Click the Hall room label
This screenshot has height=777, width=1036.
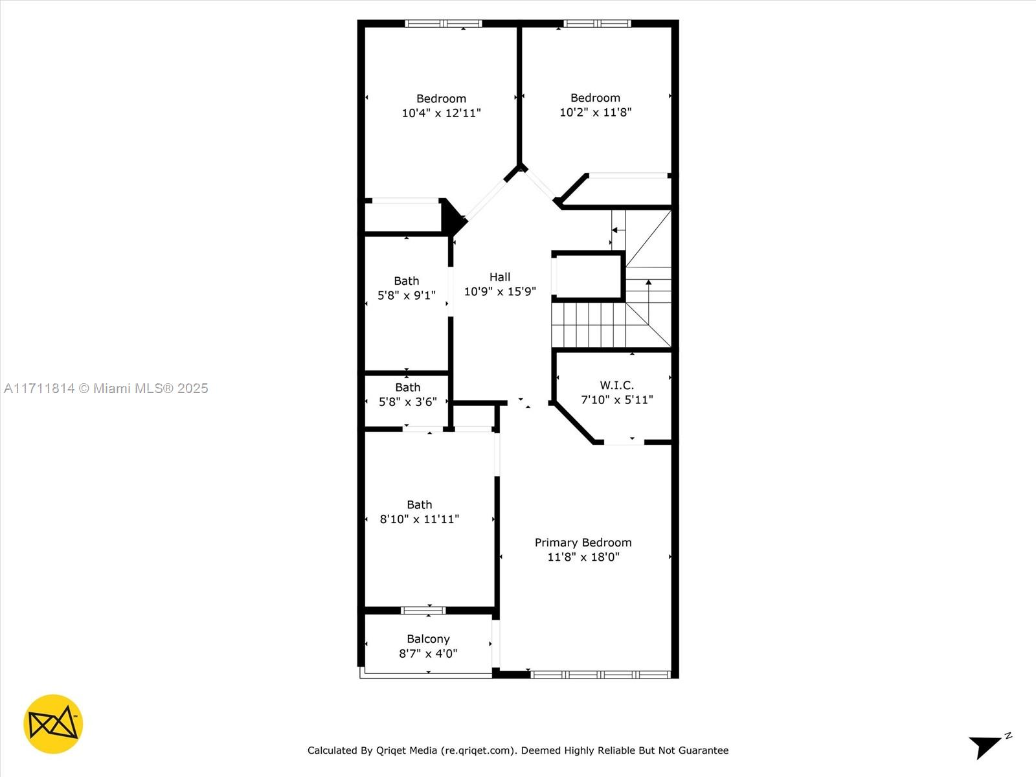point(499,277)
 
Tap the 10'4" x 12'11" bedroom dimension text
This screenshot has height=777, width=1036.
point(441,113)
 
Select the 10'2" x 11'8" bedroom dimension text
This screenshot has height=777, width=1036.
point(595,112)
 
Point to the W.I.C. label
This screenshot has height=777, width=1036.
point(616,385)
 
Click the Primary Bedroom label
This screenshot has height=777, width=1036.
point(583,543)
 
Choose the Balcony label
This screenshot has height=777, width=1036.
point(428,639)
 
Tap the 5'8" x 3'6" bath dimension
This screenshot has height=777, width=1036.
point(407,401)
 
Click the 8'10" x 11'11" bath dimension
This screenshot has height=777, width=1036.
point(419,519)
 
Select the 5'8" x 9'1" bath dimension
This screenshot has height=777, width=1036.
point(406,295)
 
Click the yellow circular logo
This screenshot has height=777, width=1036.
point(53,724)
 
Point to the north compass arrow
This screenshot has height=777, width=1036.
point(985,745)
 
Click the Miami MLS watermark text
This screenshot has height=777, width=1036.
point(106,388)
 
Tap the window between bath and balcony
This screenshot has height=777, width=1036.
point(423,610)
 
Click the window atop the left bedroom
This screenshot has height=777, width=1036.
point(444,24)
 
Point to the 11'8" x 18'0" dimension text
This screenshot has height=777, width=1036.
point(583,557)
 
